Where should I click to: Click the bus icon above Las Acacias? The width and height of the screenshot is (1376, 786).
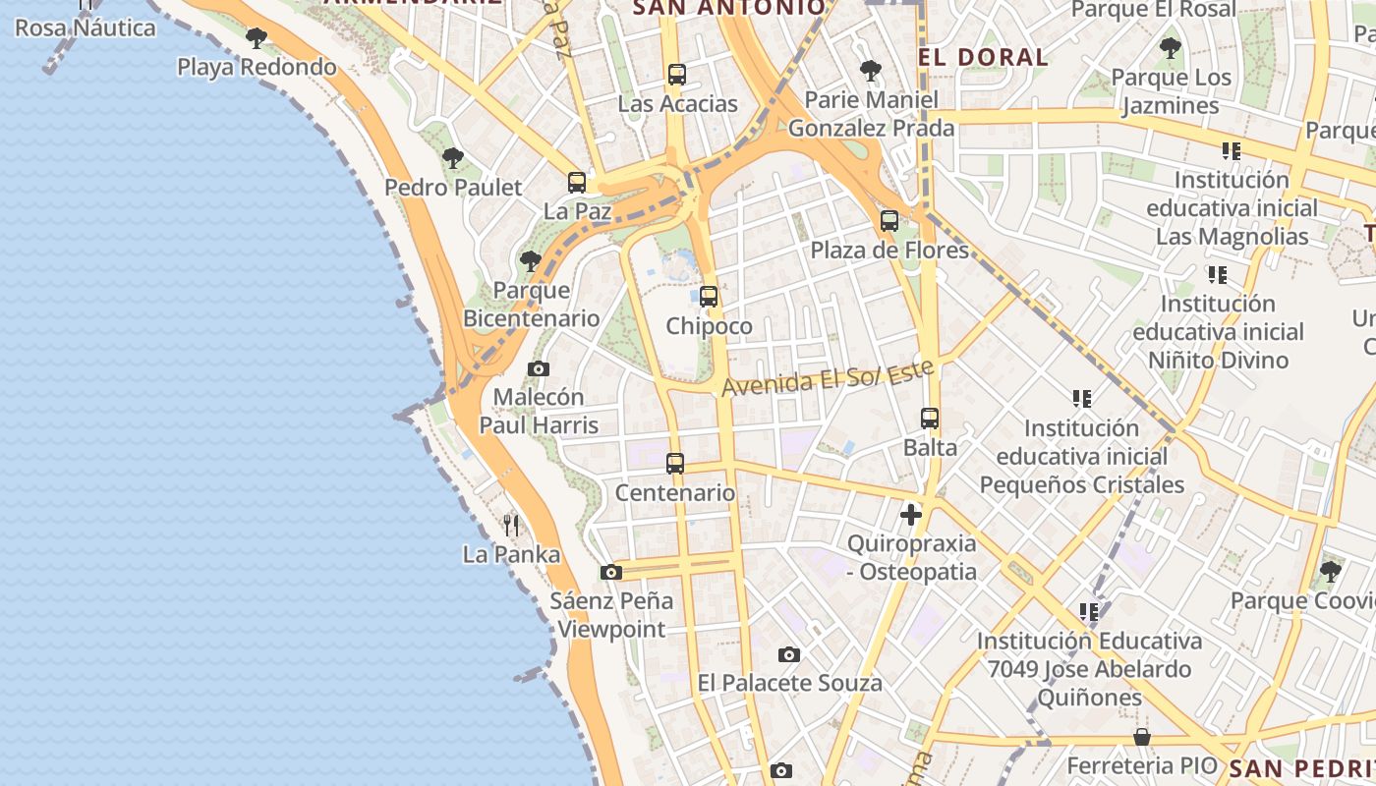676,75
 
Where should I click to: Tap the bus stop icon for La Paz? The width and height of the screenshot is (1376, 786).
577,183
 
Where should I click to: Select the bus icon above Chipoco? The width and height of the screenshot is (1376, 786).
709,297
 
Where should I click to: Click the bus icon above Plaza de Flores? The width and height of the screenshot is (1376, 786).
889,221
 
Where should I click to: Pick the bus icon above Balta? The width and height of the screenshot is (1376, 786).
930,419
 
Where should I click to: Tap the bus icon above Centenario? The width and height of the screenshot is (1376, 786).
675,464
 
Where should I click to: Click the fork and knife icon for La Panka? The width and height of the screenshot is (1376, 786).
511,526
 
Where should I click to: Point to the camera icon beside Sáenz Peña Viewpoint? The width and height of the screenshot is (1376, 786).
611,572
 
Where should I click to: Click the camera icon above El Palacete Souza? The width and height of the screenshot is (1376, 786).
789,654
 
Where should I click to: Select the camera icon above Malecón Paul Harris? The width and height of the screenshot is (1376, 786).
539,369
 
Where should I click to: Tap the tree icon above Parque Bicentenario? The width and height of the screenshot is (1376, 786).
531,261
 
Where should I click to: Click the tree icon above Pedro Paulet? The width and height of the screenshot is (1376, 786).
453,158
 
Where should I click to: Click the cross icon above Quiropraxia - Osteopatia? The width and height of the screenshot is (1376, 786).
911,514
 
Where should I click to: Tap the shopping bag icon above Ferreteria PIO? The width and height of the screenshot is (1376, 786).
1142,737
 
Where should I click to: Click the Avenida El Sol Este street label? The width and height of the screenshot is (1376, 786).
827,379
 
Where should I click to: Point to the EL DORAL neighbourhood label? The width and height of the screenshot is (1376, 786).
984,57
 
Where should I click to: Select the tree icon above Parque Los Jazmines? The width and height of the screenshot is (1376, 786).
1170,48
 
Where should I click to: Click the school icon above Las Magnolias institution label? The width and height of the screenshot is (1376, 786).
1231,151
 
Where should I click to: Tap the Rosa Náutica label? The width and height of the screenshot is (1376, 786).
86,28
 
